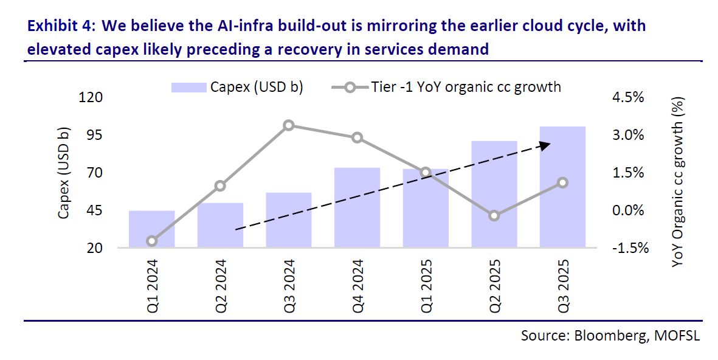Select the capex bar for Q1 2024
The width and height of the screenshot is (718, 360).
[x=152, y=229]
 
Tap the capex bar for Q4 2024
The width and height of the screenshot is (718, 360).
[x=357, y=207]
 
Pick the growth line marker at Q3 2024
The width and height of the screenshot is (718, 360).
[x=289, y=126]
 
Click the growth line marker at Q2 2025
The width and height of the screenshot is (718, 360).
[x=494, y=215]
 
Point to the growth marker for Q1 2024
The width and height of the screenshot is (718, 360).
[x=152, y=241]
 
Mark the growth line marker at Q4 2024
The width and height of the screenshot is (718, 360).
[x=357, y=138]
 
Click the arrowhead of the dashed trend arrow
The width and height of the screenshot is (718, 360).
[x=545, y=145]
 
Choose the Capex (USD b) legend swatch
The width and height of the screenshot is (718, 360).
[x=189, y=87]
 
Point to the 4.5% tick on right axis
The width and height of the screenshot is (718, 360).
[x=626, y=98]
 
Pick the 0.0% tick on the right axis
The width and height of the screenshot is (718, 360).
[x=626, y=210]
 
